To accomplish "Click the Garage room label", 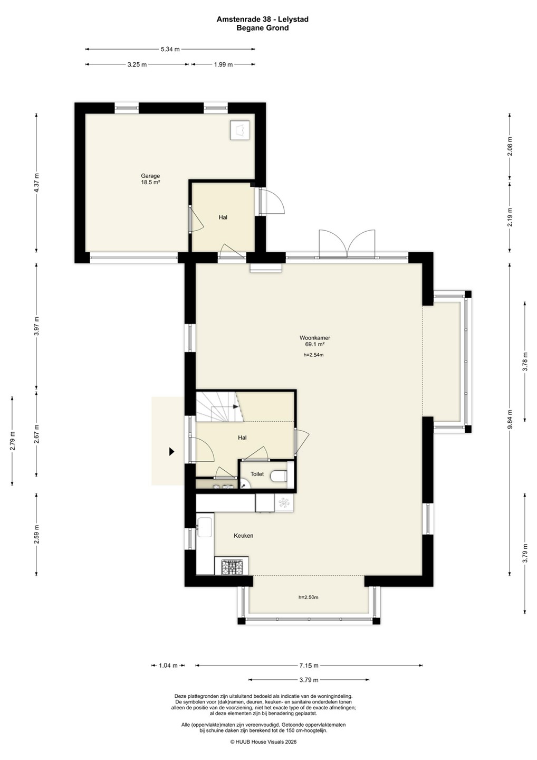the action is [150, 176].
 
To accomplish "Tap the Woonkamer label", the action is [314, 338].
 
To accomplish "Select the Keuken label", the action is [243, 535].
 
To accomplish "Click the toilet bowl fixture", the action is [279, 476].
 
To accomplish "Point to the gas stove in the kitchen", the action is [232, 567].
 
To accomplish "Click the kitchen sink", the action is [205, 527].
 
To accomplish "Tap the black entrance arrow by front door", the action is [171, 451].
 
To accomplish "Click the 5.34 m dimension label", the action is [170, 49].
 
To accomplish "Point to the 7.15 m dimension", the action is [309, 666].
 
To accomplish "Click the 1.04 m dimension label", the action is [168, 666].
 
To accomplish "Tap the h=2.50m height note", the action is [308, 597].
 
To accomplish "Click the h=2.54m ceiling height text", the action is [313, 355].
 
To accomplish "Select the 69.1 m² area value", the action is [315, 344].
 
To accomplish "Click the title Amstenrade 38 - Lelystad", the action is [262, 20].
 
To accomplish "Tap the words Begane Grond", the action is [262, 28].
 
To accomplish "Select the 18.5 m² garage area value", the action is [150, 182].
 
